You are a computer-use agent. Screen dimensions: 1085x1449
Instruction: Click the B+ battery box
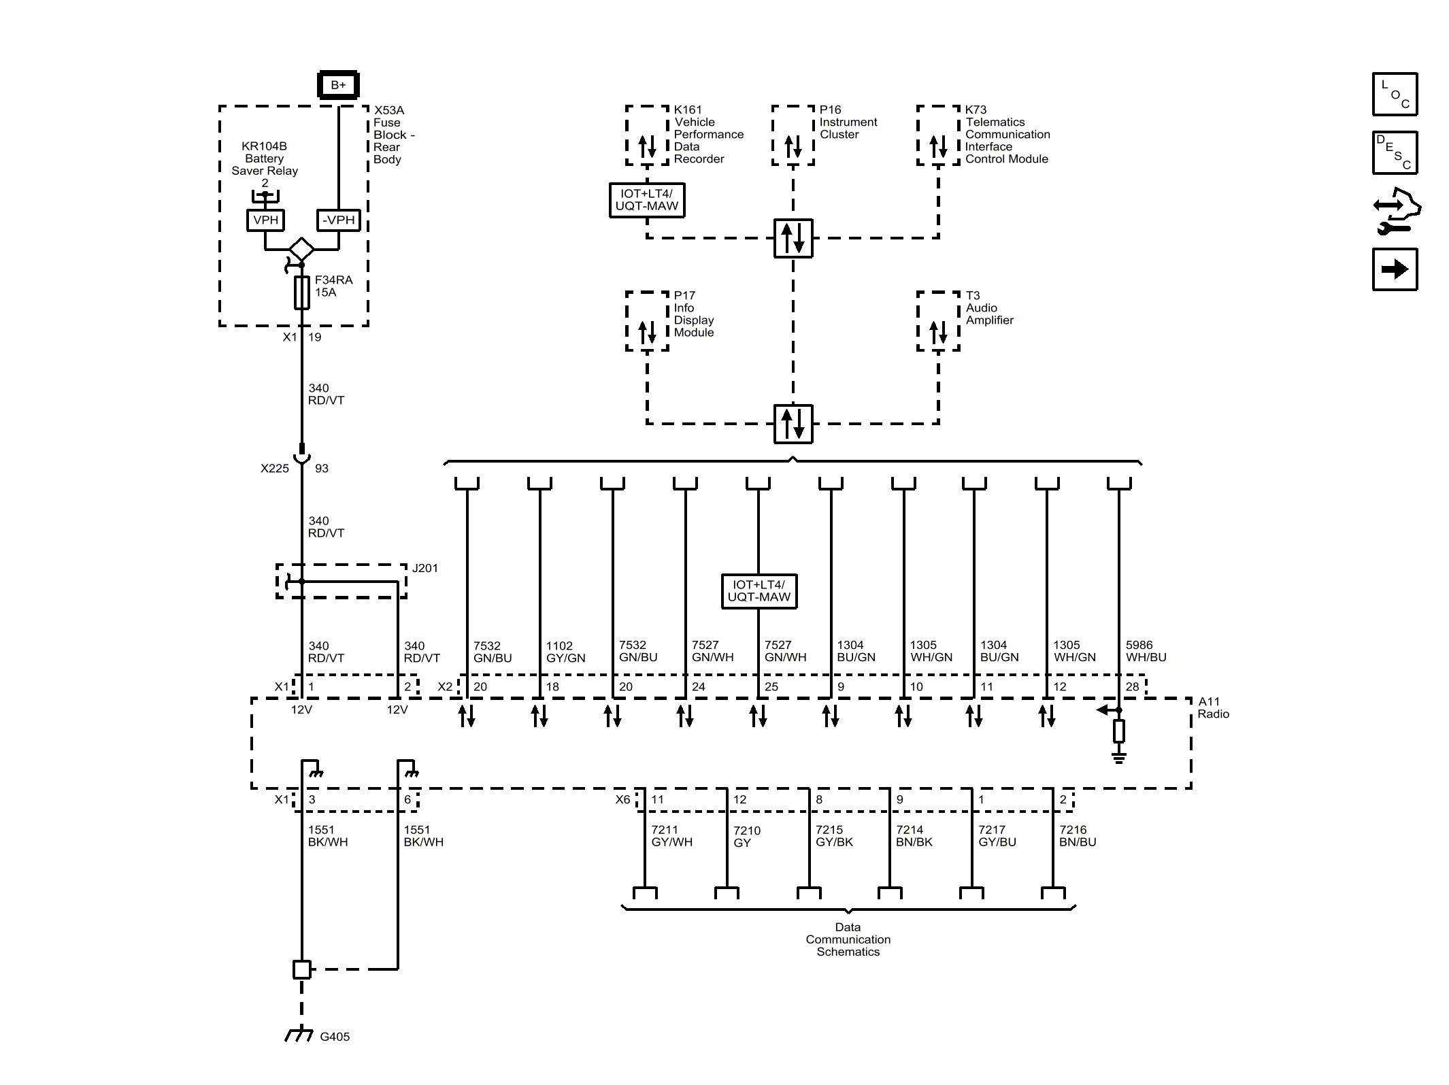[x=338, y=85]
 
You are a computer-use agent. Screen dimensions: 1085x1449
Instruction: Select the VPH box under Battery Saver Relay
[x=265, y=220]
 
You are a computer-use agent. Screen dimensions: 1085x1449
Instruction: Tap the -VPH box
[x=339, y=220]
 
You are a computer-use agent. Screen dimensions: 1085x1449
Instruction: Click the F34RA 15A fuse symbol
[x=301, y=293]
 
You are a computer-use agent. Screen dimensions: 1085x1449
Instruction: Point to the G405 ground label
[x=335, y=1037]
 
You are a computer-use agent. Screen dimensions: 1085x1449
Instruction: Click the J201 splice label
[x=425, y=568]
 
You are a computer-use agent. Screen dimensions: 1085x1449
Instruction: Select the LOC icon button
[x=1395, y=95]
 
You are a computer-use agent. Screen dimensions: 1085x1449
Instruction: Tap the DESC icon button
[x=1395, y=153]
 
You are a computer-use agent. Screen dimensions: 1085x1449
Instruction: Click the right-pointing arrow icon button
[x=1395, y=269]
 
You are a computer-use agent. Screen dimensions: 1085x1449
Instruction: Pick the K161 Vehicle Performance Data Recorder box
[x=647, y=135]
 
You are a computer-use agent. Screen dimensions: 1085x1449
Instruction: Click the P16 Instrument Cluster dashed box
[x=793, y=135]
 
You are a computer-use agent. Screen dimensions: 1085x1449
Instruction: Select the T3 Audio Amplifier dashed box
[x=938, y=321]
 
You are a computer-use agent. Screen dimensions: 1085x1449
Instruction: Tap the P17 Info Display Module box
[x=647, y=321]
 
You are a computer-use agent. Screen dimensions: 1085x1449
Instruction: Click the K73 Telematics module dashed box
[x=938, y=135]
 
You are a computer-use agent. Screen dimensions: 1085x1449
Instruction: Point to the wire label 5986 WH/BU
[x=1146, y=651]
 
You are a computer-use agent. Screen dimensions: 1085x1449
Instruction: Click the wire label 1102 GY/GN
[x=565, y=652]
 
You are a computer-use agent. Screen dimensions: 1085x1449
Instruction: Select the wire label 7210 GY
[x=746, y=837]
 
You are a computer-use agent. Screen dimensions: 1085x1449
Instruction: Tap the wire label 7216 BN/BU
[x=1078, y=835]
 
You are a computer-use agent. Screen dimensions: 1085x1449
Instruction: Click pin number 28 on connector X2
[x=1132, y=686]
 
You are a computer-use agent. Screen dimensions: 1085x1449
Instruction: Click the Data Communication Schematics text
[x=848, y=939]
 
